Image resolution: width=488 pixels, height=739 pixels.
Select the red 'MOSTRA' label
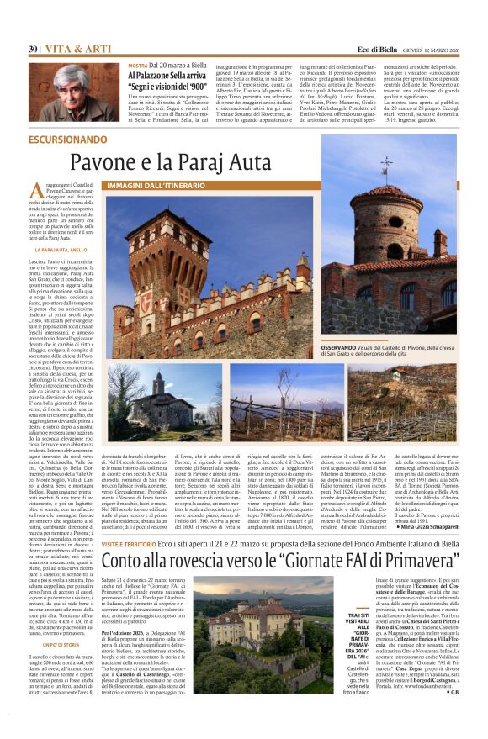point(137,66)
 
